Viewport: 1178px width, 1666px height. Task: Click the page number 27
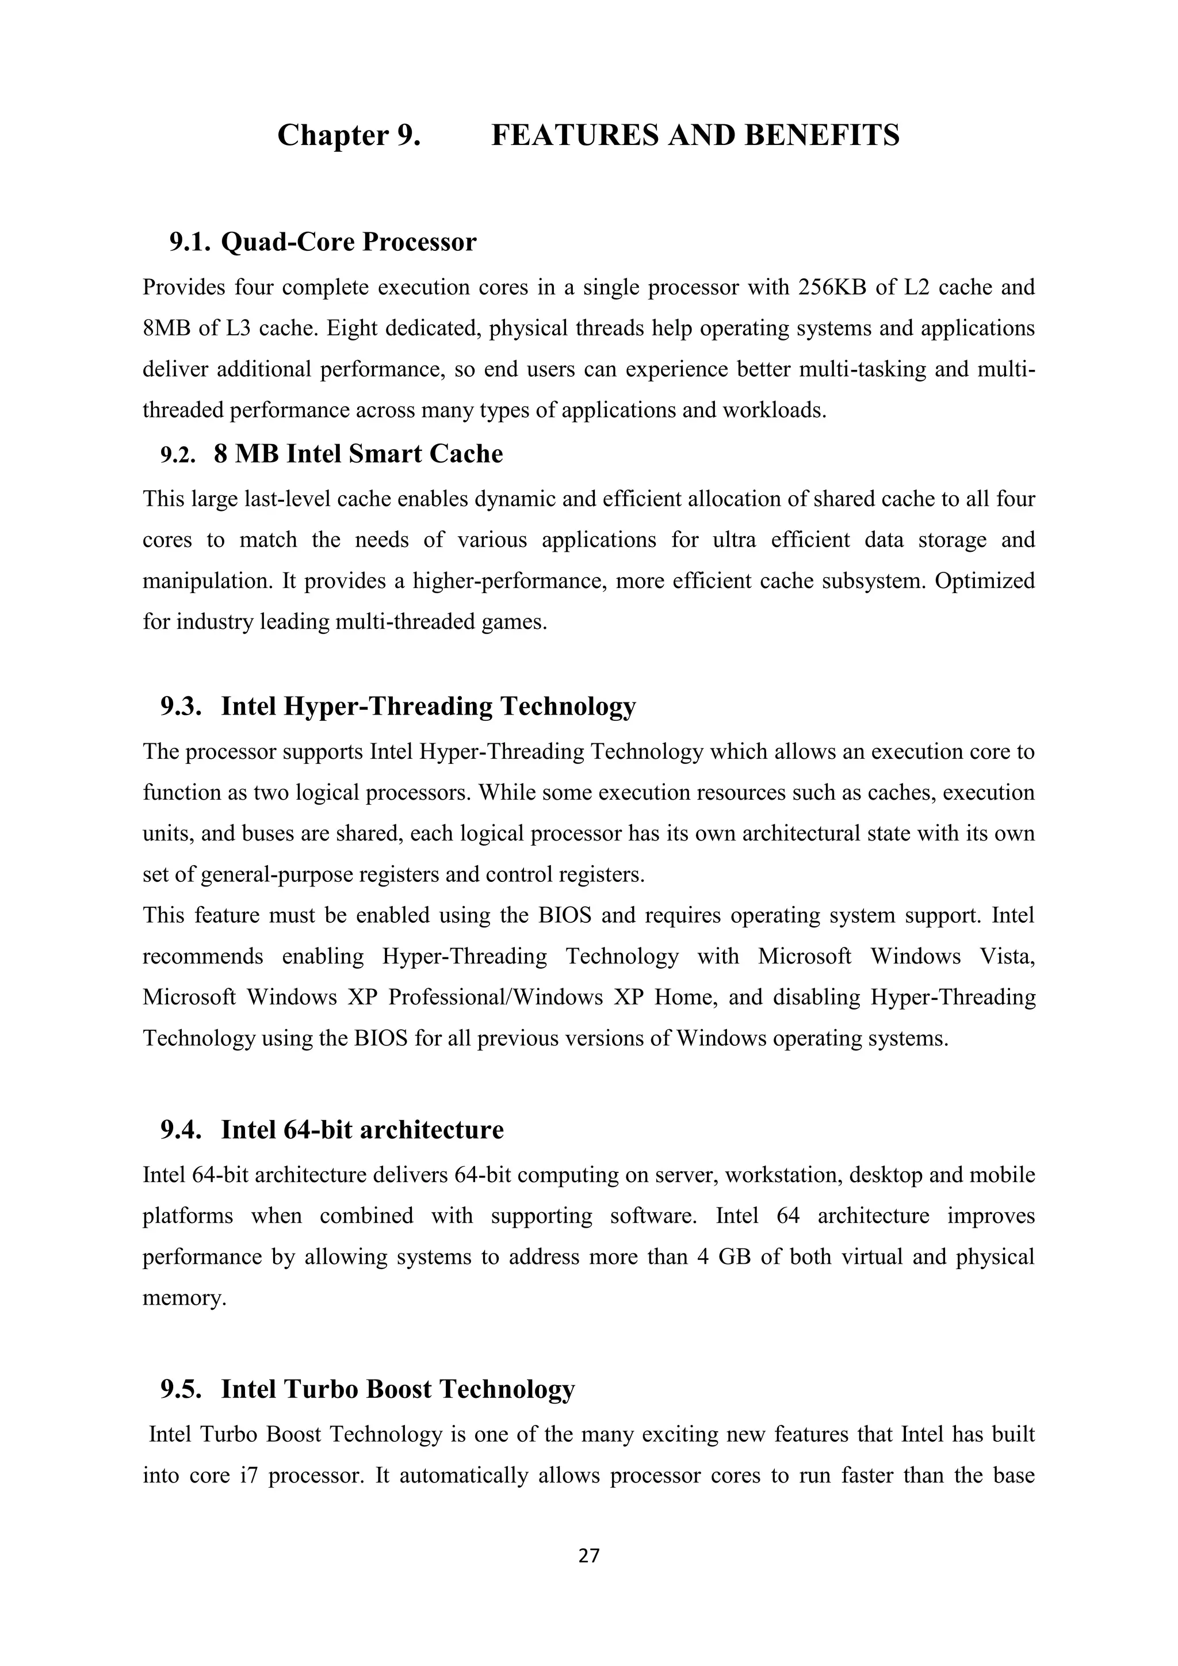point(589,1555)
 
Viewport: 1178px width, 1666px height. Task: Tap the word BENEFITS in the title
point(822,136)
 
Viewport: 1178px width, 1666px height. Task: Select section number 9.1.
point(190,242)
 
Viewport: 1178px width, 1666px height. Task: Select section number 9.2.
point(178,455)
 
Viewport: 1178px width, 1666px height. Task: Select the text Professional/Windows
point(495,998)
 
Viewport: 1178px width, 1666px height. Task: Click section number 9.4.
point(181,1130)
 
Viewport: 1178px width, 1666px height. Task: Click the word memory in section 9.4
point(183,1298)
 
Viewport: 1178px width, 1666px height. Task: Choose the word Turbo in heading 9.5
point(322,1389)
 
